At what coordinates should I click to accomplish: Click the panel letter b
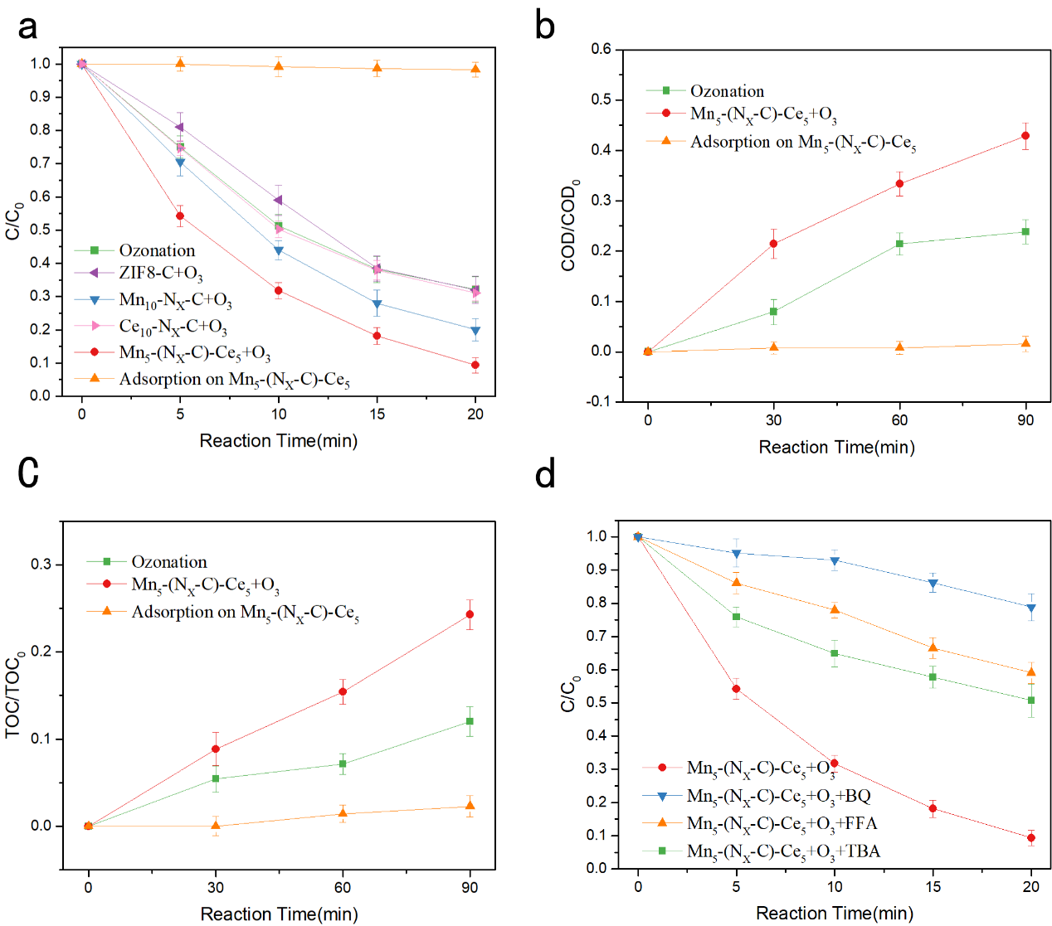(544, 26)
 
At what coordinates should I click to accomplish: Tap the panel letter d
(545, 474)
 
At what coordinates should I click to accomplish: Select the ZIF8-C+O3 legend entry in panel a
(160, 273)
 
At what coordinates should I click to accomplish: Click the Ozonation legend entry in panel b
(727, 91)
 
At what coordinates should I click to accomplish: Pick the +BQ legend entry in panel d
(778, 796)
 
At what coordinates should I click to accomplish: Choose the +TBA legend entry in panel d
(782, 851)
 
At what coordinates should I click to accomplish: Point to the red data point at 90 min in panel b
(1025, 136)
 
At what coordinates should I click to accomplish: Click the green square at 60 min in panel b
(899, 244)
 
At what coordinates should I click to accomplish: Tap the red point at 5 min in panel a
(180, 216)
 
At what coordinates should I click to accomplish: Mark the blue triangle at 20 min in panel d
(1031, 608)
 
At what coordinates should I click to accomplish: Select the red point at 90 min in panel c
(470, 614)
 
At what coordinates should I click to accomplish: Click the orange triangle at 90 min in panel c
(470, 806)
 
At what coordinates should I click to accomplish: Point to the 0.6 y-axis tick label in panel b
(601, 50)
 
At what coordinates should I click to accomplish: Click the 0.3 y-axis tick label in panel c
(41, 565)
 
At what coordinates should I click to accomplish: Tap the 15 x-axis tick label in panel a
(377, 414)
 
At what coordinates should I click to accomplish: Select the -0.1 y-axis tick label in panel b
(598, 402)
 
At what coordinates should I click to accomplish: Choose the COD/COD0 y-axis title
(570, 225)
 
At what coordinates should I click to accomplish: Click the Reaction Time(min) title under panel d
(835, 914)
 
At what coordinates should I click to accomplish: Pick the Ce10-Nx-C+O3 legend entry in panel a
(173, 327)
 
